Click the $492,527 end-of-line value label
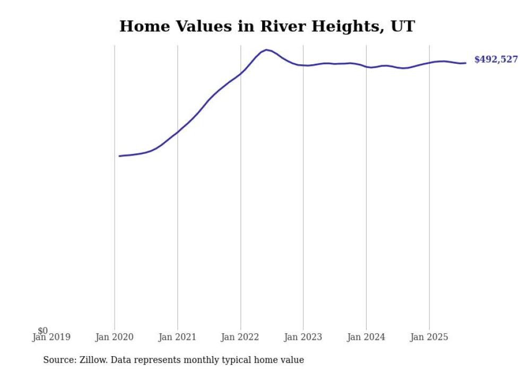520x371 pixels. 496,59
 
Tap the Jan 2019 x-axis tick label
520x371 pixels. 51,337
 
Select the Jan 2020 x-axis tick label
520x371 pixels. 115,337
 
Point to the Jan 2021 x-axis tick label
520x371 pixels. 177,337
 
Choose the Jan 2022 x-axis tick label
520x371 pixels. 240,337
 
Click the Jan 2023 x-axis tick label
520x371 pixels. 303,337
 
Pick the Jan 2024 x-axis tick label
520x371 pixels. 366,337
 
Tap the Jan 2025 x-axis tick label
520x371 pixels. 429,337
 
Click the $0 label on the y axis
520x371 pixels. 42,331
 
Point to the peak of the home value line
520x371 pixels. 266,50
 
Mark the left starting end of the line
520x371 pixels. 119,156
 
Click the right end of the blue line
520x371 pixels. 465,63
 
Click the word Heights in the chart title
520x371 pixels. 346,27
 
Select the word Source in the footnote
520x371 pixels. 59,360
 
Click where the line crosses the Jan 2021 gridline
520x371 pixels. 178,132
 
